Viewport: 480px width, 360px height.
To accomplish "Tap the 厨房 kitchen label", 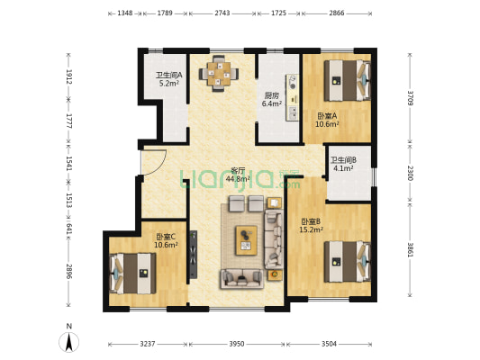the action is (271, 95).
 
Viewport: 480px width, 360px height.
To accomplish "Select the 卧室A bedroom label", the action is (327, 116).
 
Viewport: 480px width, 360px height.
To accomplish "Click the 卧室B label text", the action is (311, 221).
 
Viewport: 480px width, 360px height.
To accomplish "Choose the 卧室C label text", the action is (166, 237).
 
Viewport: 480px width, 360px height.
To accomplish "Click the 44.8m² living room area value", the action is (238, 178).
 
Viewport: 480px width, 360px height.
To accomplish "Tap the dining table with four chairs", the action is (219, 74).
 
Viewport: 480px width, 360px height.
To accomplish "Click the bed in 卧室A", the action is (348, 80).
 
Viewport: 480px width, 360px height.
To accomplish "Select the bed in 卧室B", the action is (348, 262).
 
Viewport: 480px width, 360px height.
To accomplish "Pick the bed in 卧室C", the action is (132, 273).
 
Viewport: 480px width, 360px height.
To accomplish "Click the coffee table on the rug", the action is (246, 240).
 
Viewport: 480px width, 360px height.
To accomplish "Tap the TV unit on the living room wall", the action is (193, 255).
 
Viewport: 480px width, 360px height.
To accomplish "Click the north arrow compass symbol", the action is (69, 341).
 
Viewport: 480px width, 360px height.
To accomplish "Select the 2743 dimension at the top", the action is (222, 13).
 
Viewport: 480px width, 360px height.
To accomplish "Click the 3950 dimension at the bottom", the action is (237, 344).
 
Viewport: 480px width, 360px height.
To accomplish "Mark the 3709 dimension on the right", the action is (411, 98).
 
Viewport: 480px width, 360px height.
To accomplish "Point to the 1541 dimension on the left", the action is (69, 163).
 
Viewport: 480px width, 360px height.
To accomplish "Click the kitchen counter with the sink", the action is (292, 97).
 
